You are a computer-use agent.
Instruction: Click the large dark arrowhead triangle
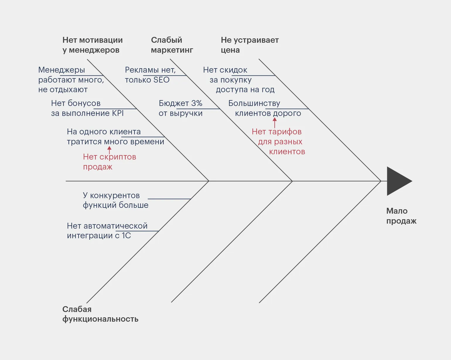point(397,181)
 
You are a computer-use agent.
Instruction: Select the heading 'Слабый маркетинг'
point(172,45)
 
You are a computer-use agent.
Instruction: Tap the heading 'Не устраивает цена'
point(250,45)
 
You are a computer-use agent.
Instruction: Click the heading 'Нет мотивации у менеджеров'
point(92,45)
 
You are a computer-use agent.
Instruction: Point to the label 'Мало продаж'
point(401,216)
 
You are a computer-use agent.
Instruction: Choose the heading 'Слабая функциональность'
point(100,314)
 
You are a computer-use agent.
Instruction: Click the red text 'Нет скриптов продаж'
point(109,162)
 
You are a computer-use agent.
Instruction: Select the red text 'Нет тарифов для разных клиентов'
point(278,142)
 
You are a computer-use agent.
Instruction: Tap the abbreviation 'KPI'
point(118,113)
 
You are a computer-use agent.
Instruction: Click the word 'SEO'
point(161,80)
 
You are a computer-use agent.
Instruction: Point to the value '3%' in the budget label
point(197,103)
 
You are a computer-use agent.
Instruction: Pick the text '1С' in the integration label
point(126,236)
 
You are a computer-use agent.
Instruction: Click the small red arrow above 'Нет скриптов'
point(109,150)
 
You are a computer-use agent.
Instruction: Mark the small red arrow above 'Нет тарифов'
point(275,122)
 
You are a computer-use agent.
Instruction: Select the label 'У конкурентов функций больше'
point(115,200)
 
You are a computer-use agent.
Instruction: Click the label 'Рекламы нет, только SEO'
point(150,75)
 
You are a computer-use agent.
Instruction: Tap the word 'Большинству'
point(254,104)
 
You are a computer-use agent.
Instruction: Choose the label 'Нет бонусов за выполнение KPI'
point(87,108)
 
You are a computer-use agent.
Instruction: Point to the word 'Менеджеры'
point(61,70)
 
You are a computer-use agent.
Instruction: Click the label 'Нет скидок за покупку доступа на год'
point(239,80)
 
